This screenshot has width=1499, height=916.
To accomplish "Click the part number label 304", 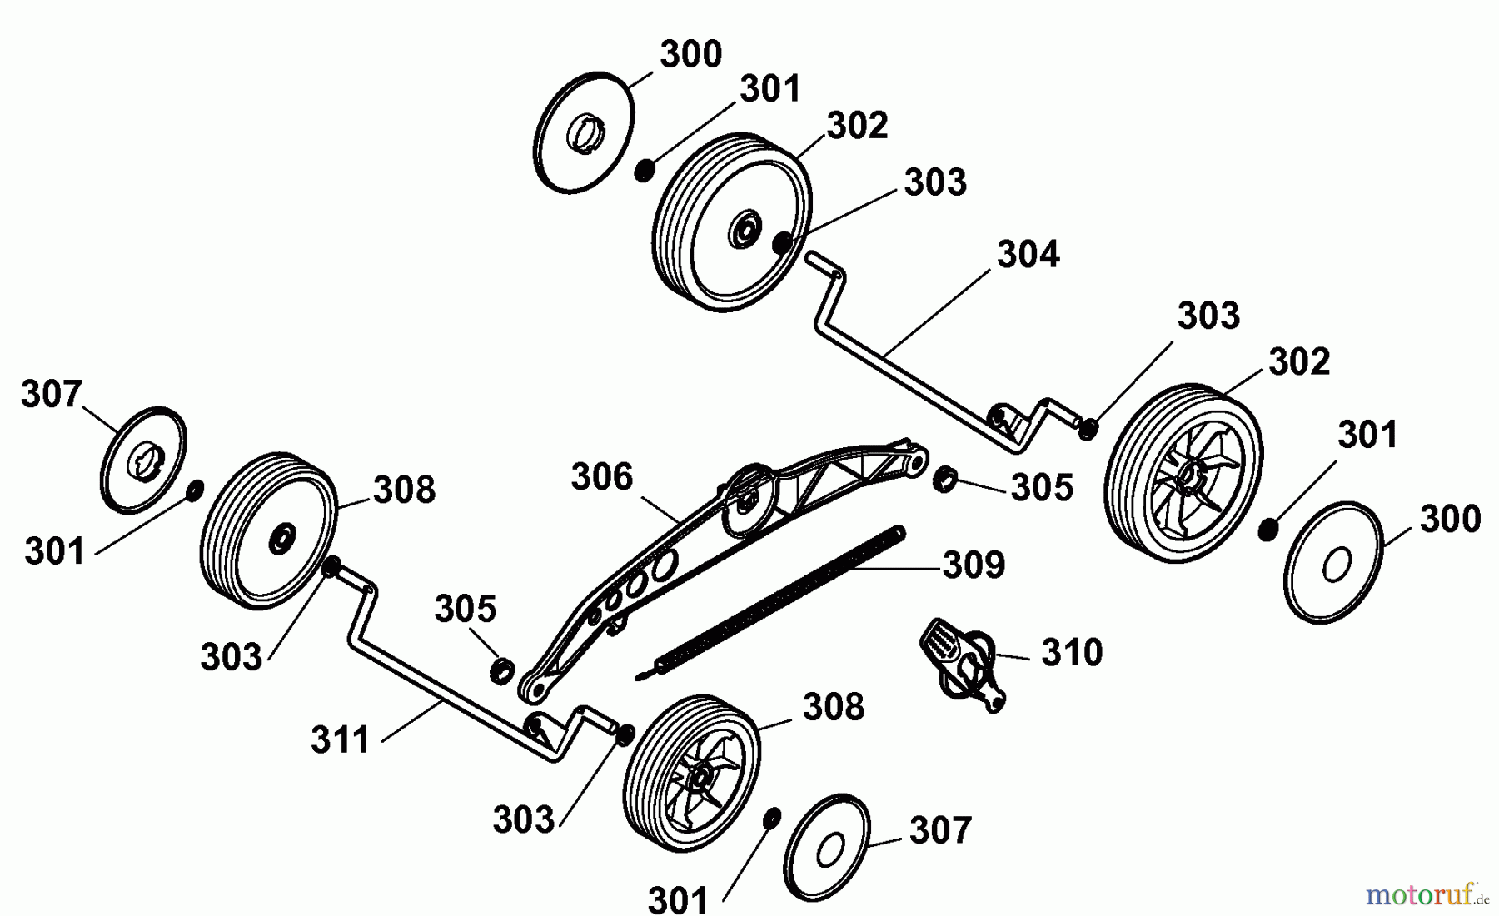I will [1028, 255].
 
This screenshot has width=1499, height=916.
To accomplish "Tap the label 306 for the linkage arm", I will [602, 477].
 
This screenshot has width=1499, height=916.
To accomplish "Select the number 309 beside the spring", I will [974, 565].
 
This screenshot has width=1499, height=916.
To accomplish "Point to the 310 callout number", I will [1072, 653].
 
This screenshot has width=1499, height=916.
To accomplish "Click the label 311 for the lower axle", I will [340, 739].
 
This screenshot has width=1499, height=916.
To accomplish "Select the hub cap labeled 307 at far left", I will [143, 460].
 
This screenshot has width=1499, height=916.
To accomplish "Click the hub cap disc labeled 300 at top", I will [583, 134].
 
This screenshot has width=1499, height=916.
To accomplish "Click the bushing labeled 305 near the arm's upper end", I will [944, 479].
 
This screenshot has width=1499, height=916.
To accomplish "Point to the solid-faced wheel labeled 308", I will [268, 531].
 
